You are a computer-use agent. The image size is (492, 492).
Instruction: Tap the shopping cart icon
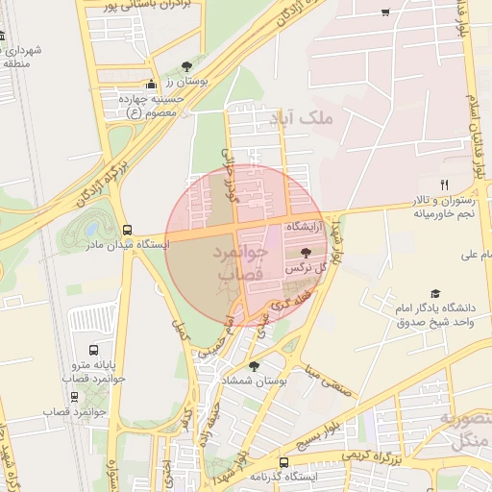tap(385, 12)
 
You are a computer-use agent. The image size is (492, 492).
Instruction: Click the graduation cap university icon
tap(435, 293)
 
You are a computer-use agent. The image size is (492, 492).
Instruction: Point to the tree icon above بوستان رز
tap(186, 65)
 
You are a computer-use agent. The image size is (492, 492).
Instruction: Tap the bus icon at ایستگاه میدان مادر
tap(128, 230)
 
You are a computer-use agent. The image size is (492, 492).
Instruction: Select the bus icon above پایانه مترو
tap(93, 350)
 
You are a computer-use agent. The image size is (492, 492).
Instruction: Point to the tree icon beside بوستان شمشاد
tap(254, 366)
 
